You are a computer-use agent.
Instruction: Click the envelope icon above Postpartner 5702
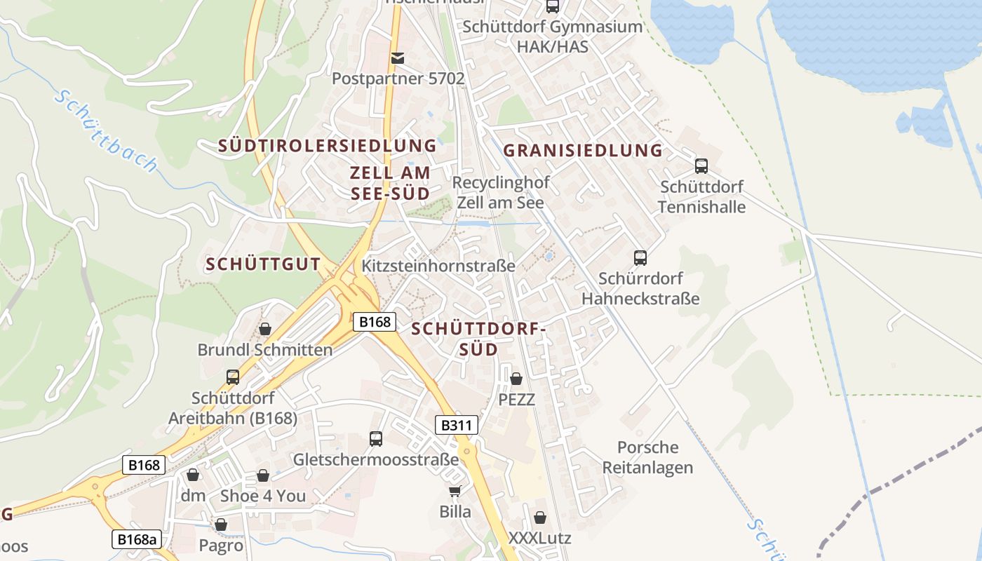pos(398,58)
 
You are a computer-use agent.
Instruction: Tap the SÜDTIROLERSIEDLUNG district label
pos(327,146)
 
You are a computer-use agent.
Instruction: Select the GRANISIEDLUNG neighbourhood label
pos(583,150)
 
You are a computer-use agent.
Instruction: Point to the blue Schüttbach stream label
pos(106,131)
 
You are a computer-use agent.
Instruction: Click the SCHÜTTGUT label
pos(263,265)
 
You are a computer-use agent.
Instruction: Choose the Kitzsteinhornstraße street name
pos(438,266)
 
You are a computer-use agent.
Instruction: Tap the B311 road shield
pos(457,425)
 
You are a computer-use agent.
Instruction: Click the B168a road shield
pos(136,539)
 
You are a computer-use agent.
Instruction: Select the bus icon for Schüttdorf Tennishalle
pos(701,166)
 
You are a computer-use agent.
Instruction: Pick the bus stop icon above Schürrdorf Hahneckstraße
pos(640,257)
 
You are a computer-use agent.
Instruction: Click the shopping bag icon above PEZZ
pos(516,379)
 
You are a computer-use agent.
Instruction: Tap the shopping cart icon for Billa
pos(455,490)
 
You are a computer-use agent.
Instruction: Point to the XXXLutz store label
pos(539,539)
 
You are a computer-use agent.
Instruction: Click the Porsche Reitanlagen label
pos(648,457)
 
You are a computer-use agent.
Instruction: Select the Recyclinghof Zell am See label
pos(501,192)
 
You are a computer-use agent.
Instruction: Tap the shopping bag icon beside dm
pos(193,475)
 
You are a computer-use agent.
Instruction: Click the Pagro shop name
pos(221,546)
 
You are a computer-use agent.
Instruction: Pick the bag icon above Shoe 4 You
pos(263,475)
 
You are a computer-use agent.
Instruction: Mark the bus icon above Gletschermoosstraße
pos(376,439)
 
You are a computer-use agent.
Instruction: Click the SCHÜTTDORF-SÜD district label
pos(478,339)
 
